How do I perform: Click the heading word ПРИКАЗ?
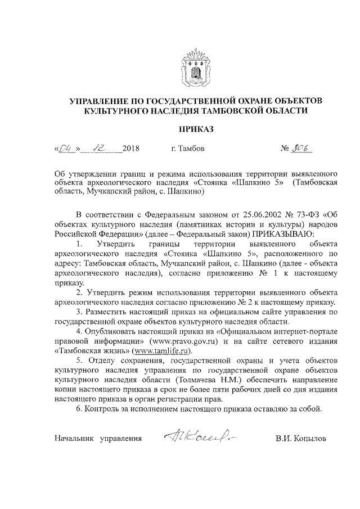(x=196, y=130)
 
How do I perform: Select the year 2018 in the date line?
(x=130, y=150)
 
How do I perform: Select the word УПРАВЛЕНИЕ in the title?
(x=100, y=101)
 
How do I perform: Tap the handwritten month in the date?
(x=101, y=149)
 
